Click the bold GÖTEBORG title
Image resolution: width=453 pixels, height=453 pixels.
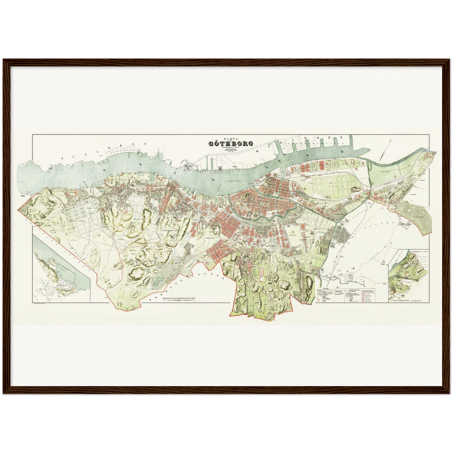(231, 144)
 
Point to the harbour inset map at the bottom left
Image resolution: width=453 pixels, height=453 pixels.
(61, 270)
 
